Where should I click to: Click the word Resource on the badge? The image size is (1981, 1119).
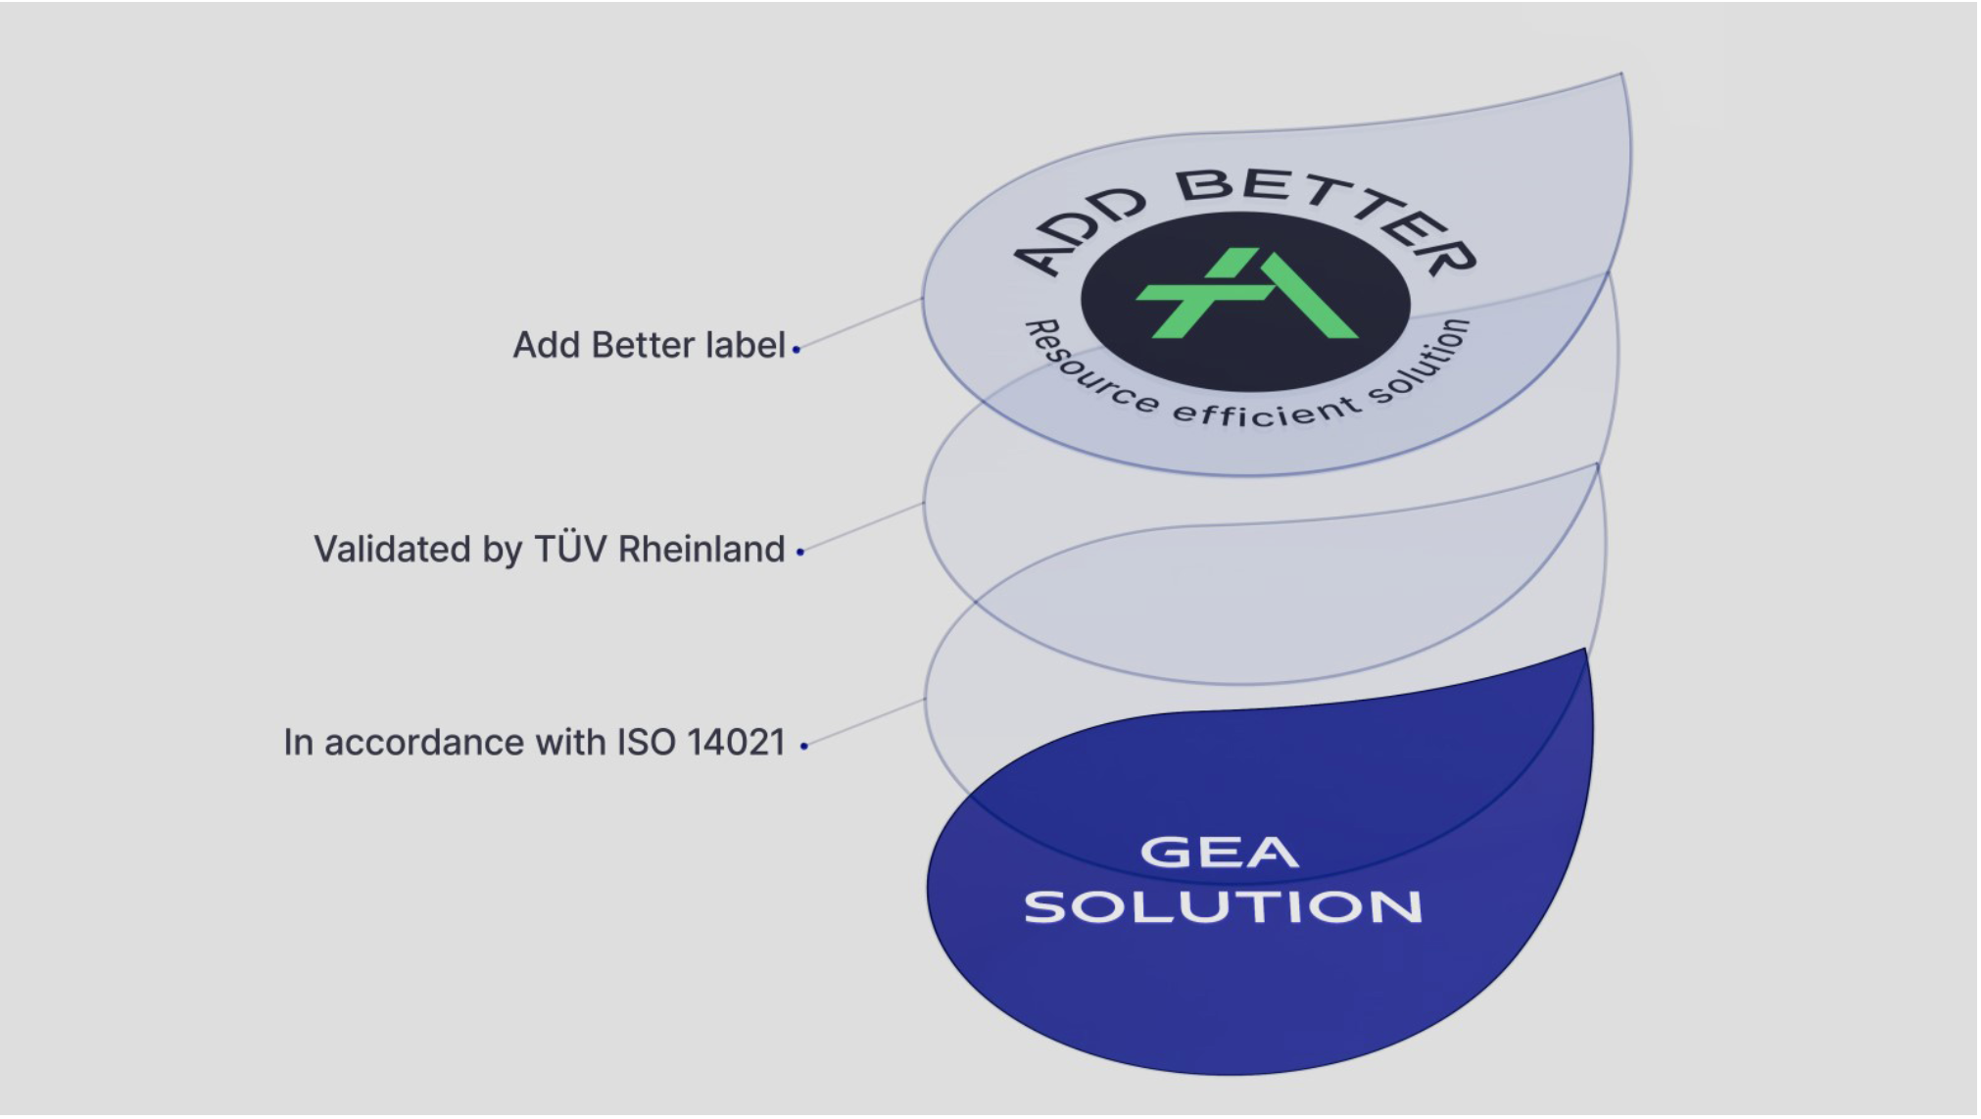coord(1090,368)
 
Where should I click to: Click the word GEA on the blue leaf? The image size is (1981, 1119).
coord(1220,851)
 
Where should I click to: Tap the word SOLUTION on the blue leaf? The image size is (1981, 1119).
coord(1224,907)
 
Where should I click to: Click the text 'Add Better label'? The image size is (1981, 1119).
coord(649,346)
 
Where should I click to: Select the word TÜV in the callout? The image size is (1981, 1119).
coord(570,549)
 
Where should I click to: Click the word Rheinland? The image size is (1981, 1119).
coord(701,550)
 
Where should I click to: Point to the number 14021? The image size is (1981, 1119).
coord(736,743)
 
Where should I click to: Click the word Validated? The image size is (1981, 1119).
coord(392,550)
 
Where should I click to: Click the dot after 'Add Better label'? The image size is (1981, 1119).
coord(797,349)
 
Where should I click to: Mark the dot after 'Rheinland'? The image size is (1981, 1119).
coord(800,553)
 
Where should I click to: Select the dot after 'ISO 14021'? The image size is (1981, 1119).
coord(804,747)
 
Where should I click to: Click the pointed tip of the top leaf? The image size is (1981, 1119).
coord(1622,73)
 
